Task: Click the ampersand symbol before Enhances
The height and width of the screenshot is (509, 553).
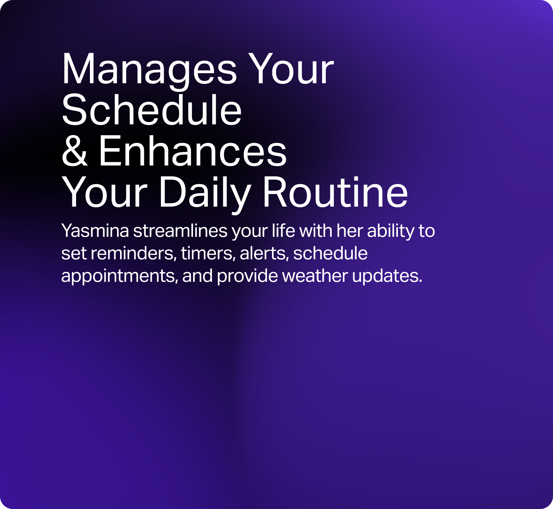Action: pyautogui.click(x=75, y=151)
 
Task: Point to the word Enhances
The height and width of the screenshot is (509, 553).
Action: pyautogui.click(x=192, y=151)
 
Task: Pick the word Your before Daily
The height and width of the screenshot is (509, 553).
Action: pyautogui.click(x=104, y=192)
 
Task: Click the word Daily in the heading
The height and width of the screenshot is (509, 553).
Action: pyautogui.click(x=205, y=194)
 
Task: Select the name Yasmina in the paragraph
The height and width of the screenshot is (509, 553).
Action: pyautogui.click(x=95, y=231)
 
